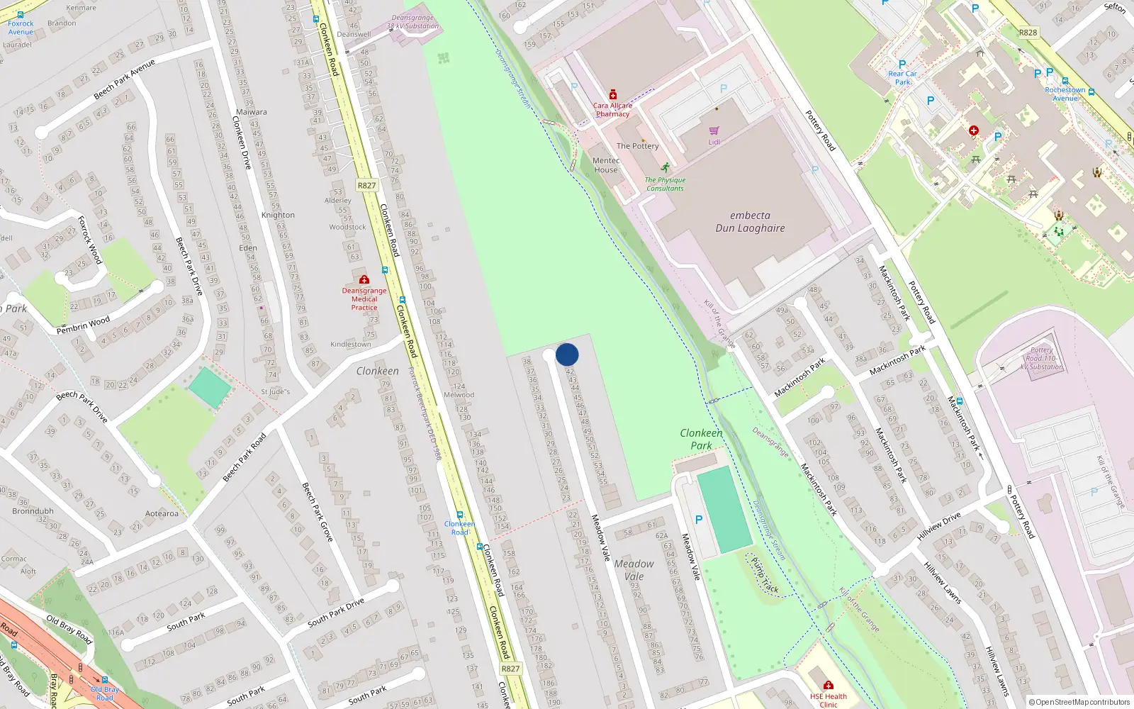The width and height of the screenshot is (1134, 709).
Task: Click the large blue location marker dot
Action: click(x=567, y=354)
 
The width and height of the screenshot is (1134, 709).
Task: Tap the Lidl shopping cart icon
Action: click(x=714, y=131)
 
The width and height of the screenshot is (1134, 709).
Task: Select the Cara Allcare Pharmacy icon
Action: click(x=613, y=95)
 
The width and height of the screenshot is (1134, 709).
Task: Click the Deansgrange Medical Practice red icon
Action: click(x=364, y=280)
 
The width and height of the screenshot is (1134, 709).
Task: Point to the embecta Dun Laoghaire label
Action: click(x=750, y=222)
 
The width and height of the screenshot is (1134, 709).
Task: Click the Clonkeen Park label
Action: click(x=701, y=439)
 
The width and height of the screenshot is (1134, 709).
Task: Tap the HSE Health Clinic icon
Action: click(x=828, y=686)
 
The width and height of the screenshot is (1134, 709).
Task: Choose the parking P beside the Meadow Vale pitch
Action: click(x=699, y=520)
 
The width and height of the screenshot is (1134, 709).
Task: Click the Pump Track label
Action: click(x=765, y=575)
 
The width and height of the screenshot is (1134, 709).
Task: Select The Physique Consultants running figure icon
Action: click(x=665, y=168)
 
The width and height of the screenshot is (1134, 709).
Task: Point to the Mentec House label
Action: click(x=606, y=165)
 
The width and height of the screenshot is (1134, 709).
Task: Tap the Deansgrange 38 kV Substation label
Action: click(x=412, y=22)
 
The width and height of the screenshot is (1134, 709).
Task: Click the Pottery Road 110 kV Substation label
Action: click(x=1041, y=358)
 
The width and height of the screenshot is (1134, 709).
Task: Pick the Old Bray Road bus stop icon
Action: click(x=105, y=680)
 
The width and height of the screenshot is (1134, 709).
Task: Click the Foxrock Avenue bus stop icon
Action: click(x=20, y=15)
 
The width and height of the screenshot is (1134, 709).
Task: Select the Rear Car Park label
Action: click(x=902, y=77)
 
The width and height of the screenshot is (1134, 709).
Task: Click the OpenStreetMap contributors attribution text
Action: click(x=1078, y=702)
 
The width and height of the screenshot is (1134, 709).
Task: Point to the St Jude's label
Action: click(x=275, y=391)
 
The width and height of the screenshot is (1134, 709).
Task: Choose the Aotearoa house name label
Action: click(x=162, y=513)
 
